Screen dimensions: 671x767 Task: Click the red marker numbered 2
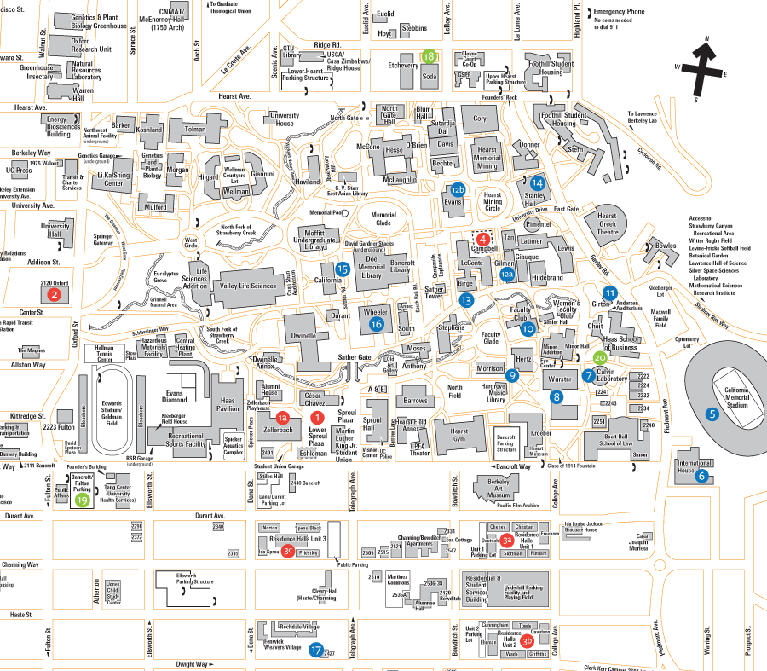55,295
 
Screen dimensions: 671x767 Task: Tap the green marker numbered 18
429,56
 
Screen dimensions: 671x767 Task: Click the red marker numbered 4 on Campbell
483,240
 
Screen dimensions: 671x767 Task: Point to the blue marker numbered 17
317,650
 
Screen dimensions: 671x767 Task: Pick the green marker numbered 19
83,500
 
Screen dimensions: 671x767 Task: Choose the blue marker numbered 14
537,182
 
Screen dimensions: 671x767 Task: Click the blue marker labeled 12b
458,188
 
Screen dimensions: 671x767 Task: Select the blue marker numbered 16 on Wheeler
377,323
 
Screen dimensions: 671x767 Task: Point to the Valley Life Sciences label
249,286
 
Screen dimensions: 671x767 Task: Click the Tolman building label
195,130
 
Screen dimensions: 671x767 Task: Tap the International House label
694,466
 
